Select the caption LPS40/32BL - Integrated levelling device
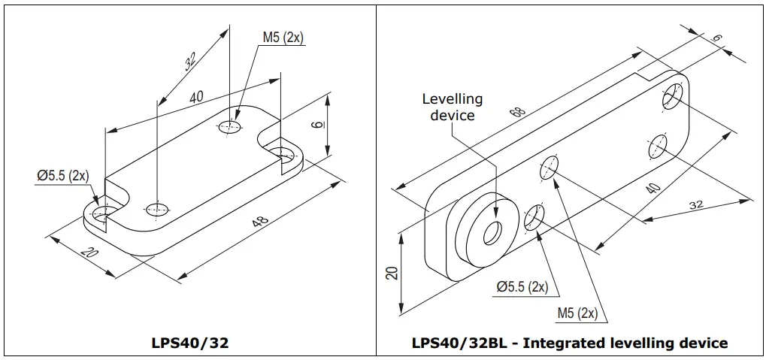(570, 343)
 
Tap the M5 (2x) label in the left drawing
(283, 38)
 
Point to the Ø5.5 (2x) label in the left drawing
(63, 176)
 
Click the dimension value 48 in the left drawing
(259, 223)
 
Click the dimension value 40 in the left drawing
(196, 97)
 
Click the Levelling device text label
(453, 107)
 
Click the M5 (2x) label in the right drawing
(577, 313)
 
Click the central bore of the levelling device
(492, 234)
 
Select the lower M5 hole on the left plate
(157, 207)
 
